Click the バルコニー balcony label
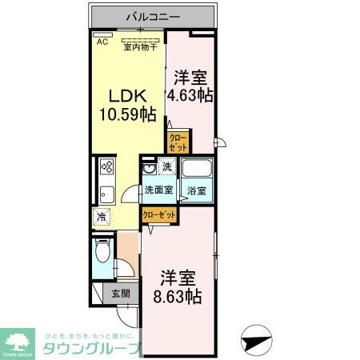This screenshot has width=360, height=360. pos(153,16)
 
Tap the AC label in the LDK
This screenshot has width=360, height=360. pos(102,42)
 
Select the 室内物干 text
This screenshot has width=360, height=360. pos(140,46)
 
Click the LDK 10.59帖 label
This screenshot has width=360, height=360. pos(127,105)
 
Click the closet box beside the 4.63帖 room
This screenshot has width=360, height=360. pos(178,142)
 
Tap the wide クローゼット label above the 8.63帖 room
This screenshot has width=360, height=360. pos(158,214)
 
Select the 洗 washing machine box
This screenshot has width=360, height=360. pos(166,166)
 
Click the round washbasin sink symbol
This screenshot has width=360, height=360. pos(149,170)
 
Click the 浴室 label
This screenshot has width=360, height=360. pos(196,191)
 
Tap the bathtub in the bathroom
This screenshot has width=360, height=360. pos(196,170)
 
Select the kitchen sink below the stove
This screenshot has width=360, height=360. pos(106,194)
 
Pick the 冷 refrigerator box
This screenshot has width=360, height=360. pos(102,216)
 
